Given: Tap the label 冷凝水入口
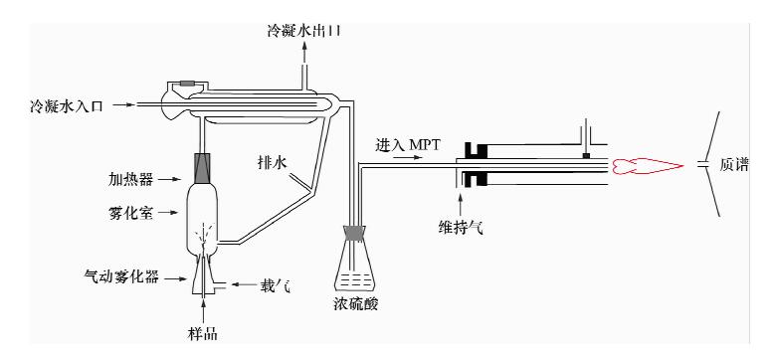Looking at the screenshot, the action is coord(67,105).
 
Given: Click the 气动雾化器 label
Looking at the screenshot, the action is coord(122,277).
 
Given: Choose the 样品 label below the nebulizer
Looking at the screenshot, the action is coord(203,334).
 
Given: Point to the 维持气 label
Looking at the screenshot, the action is coord(461,227).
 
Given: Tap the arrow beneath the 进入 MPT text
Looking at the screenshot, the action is coord(410,157).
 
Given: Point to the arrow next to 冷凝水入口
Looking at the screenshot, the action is coord(122,104).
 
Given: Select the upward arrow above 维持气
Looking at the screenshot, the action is coord(461,205).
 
